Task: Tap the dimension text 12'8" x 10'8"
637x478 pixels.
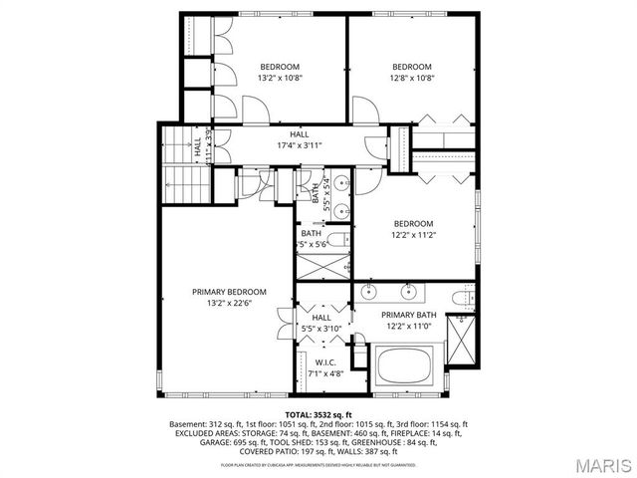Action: point(411,78)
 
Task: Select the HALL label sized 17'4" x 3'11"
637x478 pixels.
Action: point(300,133)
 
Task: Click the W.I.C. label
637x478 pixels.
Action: point(324,362)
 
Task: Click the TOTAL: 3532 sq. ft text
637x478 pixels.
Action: point(318,413)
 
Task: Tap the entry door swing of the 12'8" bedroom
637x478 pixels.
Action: point(364,110)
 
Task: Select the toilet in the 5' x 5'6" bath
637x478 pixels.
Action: point(338,239)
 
